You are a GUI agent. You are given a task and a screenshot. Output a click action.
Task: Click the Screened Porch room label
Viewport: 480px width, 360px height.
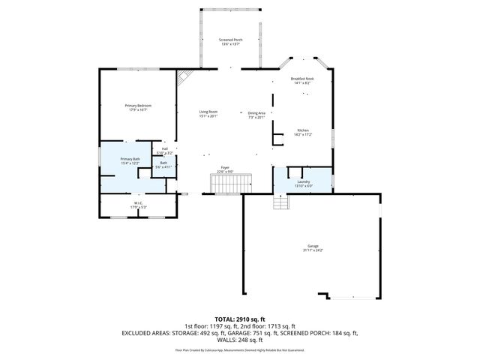point(230,40)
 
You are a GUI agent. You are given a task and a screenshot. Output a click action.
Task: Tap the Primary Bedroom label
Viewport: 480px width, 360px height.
point(138,106)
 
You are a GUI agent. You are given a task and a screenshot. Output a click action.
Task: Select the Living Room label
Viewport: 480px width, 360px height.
point(208,112)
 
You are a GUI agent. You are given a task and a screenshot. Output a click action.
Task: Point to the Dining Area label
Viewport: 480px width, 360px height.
point(256,112)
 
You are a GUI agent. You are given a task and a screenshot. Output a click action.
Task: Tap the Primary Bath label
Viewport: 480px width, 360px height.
point(130,158)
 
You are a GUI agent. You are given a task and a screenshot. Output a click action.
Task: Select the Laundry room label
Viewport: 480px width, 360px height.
point(303,181)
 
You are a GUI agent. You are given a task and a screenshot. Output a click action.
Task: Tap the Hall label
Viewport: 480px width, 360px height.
point(165,148)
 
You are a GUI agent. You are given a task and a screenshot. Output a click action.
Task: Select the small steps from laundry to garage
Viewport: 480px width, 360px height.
point(280,202)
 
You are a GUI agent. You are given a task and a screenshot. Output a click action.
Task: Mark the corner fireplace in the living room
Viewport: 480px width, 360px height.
point(184,76)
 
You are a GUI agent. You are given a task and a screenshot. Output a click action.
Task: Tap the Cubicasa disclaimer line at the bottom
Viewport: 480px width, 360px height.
point(240,349)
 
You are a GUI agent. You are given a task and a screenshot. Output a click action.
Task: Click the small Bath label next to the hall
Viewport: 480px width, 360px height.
point(163,163)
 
